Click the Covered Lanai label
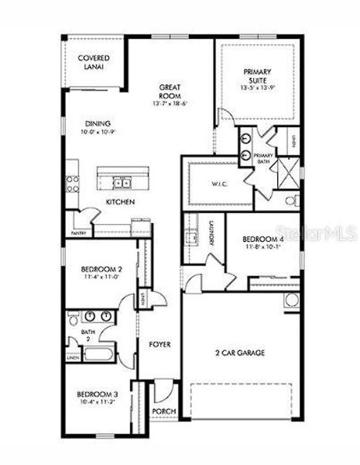pos(94,62)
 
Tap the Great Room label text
pos(170,91)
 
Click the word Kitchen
pos(121,202)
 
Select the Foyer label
pos(160,344)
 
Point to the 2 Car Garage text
pos(240,353)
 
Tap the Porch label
pos(164,412)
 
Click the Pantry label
pos(78,232)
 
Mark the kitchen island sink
pos(122,183)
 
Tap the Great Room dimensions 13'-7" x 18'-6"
pos(170,103)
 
